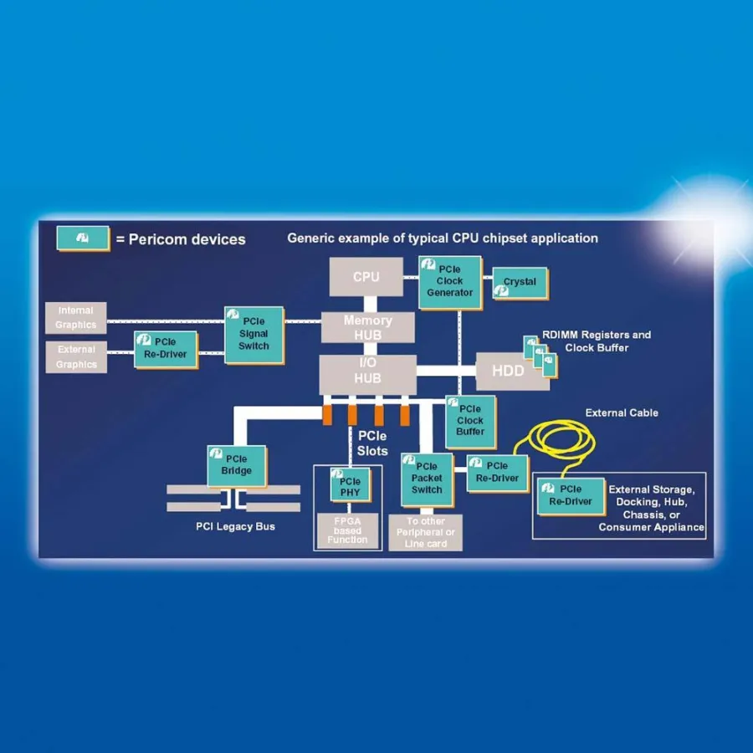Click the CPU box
pos(366,276)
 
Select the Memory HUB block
pos(367,327)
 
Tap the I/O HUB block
pos(367,371)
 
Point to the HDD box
pos(508,371)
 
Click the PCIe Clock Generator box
pos(450,282)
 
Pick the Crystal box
pos(520,283)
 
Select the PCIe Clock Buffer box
pos(470,421)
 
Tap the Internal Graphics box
pos(76,318)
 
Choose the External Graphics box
pos(76,357)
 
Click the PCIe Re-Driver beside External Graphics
pos(166,349)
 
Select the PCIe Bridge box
pos(237,465)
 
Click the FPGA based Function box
pos(347,530)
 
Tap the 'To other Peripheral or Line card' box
pos(425,532)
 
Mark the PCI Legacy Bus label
pos(235,526)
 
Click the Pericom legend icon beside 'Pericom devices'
pos(83,238)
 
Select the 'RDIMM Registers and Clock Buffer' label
pos(596,341)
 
